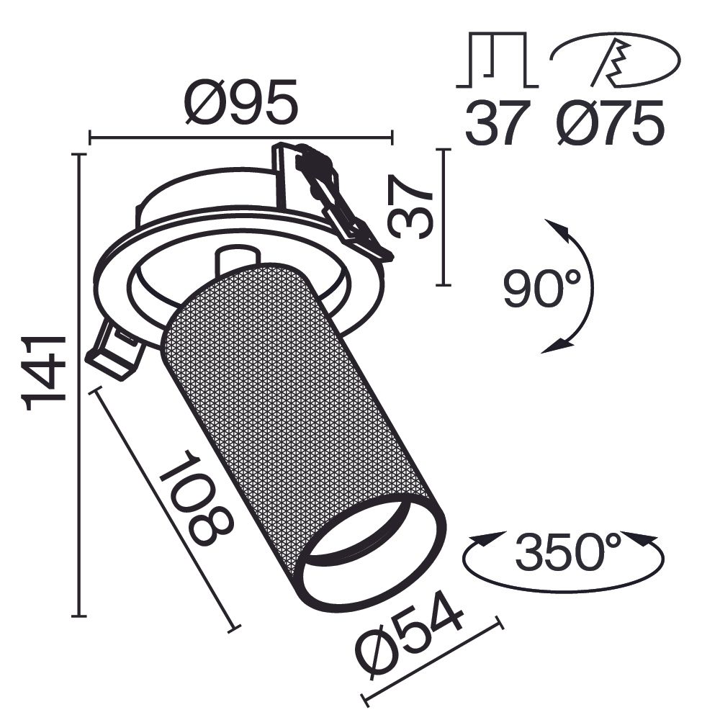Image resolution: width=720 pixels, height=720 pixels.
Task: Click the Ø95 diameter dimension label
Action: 240,102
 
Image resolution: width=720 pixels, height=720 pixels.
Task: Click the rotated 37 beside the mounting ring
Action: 411,207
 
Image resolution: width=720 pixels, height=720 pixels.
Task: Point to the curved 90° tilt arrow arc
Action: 587,288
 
